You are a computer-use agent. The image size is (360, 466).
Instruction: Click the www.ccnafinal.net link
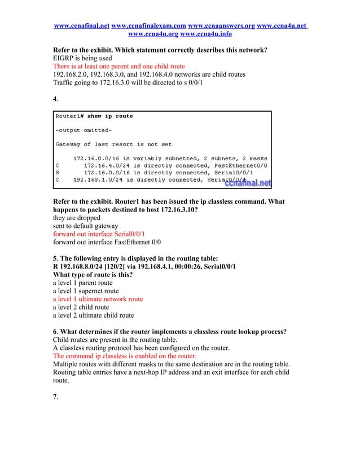(x=81, y=25)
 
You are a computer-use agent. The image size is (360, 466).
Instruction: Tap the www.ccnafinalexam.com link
(x=149, y=25)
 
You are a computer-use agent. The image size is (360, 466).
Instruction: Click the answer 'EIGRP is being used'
(x=82, y=58)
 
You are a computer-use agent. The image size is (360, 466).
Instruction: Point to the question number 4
(x=55, y=99)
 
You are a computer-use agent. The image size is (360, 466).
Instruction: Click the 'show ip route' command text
(x=110, y=116)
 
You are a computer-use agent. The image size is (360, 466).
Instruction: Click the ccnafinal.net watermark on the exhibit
(x=248, y=182)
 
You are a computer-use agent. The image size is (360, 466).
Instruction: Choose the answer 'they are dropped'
(x=77, y=217)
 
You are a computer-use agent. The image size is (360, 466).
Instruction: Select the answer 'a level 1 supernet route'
(x=86, y=291)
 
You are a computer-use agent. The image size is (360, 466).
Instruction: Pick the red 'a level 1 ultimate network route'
(x=98, y=299)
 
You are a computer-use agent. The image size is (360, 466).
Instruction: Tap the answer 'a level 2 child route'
(x=81, y=307)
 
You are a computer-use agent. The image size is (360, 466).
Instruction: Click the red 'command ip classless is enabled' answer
(x=125, y=357)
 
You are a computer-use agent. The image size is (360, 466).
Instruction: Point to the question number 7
(x=55, y=397)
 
